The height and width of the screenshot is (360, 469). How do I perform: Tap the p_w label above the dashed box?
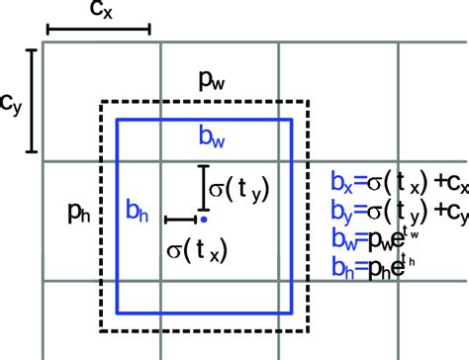point(207,84)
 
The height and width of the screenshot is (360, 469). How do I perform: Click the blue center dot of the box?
point(204,219)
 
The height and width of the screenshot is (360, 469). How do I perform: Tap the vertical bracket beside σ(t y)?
point(202,185)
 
